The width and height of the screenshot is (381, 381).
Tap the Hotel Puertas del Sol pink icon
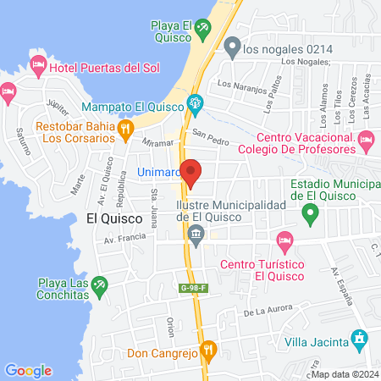pos(38,64)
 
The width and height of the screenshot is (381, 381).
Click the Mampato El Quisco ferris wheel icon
pos(196,106)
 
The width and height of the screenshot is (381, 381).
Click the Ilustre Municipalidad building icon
pos(196,234)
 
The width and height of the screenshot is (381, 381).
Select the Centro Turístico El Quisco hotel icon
pos(284,241)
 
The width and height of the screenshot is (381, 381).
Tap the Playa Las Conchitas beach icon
pos(101,285)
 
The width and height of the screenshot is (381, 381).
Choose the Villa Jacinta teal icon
pos(359,340)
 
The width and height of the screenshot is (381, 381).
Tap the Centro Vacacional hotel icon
pos(366,138)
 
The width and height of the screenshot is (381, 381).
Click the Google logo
pos(28,370)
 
